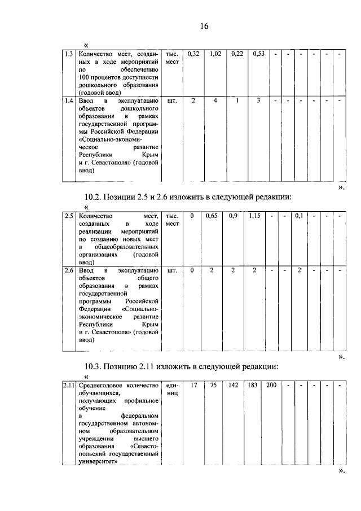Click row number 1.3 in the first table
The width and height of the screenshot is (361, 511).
[68, 54]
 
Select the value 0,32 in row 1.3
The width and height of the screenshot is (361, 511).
[193, 54]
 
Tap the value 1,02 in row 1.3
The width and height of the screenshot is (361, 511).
[214, 54]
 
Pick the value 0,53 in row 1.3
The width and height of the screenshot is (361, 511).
[259, 54]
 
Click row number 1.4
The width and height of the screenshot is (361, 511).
[68, 101]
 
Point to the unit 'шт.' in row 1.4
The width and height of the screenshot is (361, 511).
[173, 101]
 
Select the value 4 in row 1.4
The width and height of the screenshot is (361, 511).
[214, 101]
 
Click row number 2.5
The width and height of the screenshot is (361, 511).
[68, 216]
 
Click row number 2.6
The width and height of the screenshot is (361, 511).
[68, 270]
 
